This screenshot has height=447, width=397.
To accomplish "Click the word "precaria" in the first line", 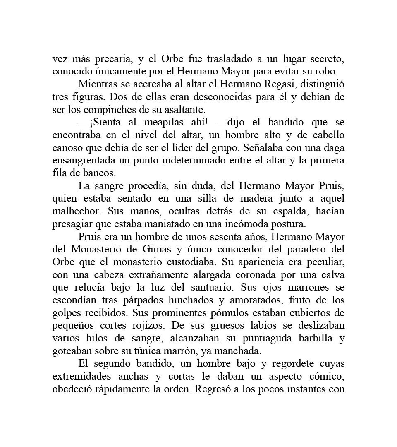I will [110, 59].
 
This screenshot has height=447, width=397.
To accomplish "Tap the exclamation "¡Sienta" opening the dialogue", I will [99, 123].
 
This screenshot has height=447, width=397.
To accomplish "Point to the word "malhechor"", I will [76, 211].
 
